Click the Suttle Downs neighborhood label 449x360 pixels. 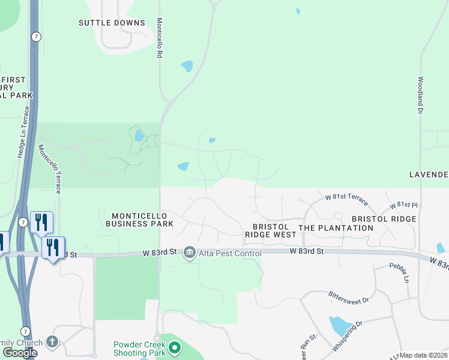click(x=112, y=23)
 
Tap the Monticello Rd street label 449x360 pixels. click(x=160, y=37)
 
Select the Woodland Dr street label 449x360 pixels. click(x=421, y=95)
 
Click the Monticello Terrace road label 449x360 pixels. click(x=50, y=169)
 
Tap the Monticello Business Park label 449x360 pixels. click(x=139, y=220)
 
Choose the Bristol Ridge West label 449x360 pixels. click(x=271, y=231)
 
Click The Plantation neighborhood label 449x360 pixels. click(x=336, y=228)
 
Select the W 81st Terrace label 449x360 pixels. click(x=346, y=197)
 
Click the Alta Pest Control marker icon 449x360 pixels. click(x=190, y=251)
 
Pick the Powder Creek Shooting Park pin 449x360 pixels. click(x=175, y=347)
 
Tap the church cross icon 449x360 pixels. click(x=53, y=342)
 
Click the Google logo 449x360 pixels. click(x=20, y=353)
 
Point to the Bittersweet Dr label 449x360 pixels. click(x=349, y=296)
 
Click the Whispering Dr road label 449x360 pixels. click(x=348, y=337)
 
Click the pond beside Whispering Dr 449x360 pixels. click(x=340, y=326)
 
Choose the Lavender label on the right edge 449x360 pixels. click(x=429, y=175)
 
